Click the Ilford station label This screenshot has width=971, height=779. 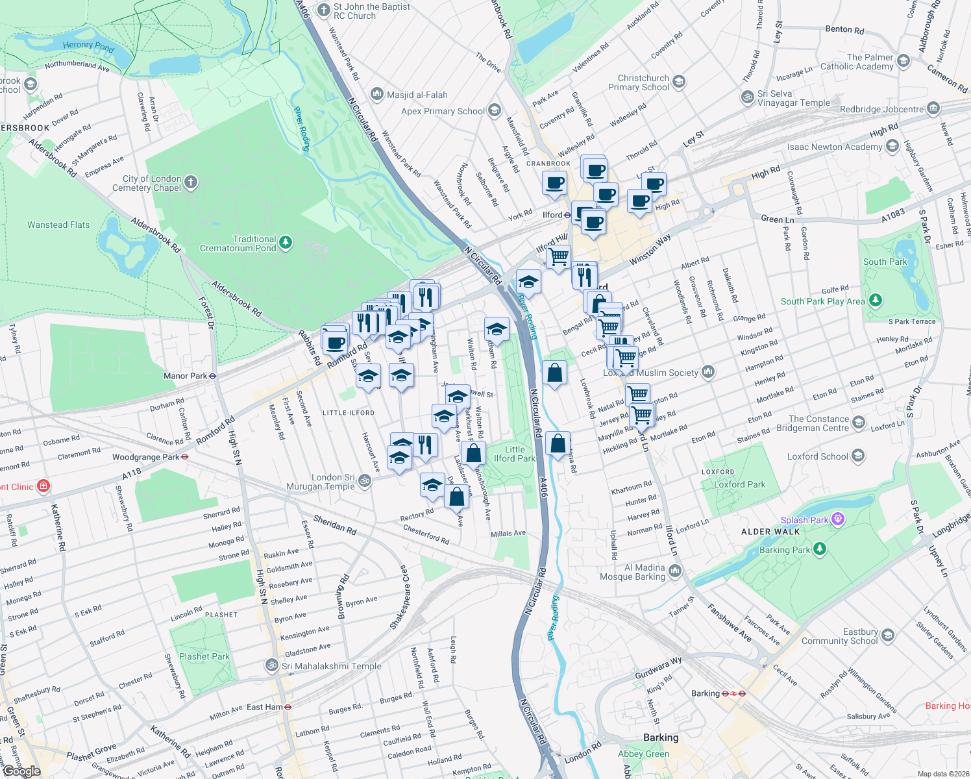pos(552,215)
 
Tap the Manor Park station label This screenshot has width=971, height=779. pos(185,376)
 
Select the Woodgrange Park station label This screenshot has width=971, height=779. pos(145,457)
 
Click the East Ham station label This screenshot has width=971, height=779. pos(265,707)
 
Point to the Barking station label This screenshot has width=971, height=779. pos(706,693)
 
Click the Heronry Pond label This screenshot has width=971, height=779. pos(88,46)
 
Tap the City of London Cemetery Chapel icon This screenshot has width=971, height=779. pos(191,182)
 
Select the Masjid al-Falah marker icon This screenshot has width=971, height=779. pos(377,95)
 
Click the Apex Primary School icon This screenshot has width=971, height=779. pos(495,110)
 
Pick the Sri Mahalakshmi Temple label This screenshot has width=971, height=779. pos(332,666)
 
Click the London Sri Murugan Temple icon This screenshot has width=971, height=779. pos(365,481)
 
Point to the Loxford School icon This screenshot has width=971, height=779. pos(858,456)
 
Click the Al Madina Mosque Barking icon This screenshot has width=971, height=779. pos(675,571)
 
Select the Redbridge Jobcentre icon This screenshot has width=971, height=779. pos(933,108)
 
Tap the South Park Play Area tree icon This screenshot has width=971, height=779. pos(876,300)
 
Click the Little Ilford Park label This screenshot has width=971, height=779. pos(515,454)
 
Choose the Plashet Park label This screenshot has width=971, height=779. pos(204,656)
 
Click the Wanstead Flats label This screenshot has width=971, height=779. pos(58,225)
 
